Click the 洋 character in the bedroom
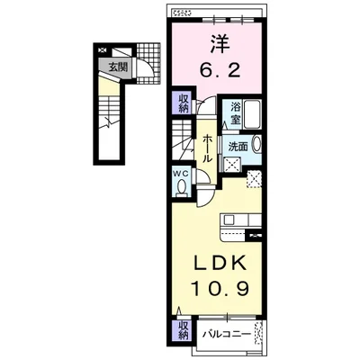click(218, 42)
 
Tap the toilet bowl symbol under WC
click(181, 187)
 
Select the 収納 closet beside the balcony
click(182, 330)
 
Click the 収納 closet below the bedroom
click(182, 103)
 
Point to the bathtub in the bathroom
click(251, 114)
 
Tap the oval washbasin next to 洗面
click(256, 145)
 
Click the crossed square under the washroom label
click(232, 165)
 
